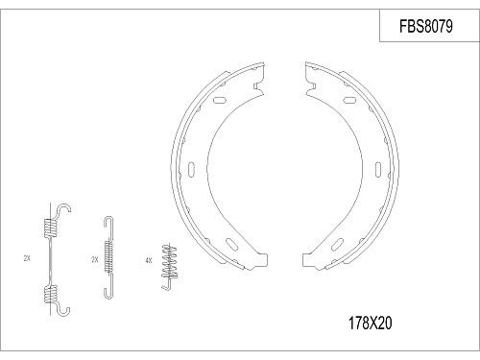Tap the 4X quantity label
pos(147,258)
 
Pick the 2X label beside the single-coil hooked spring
pos(93,259)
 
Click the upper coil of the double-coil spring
pos(49,228)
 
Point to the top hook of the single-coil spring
pos(108,222)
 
